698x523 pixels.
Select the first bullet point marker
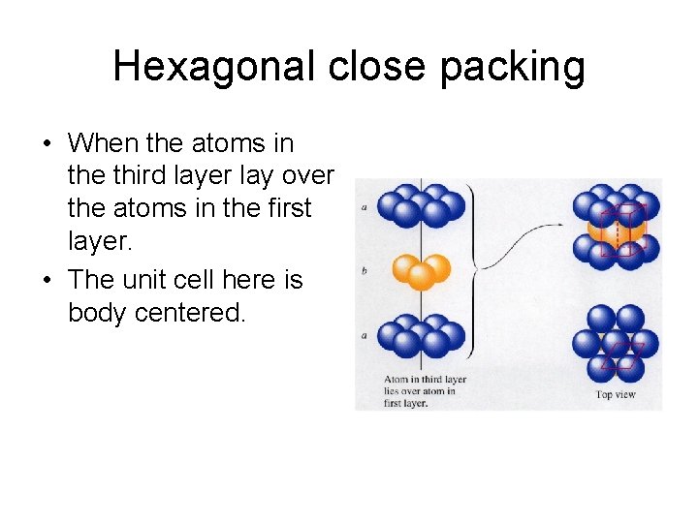46,144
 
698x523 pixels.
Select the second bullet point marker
46,281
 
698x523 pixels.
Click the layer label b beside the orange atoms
364,270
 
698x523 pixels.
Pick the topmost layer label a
364,207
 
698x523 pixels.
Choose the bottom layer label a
364,335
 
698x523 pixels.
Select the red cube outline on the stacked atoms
618,231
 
